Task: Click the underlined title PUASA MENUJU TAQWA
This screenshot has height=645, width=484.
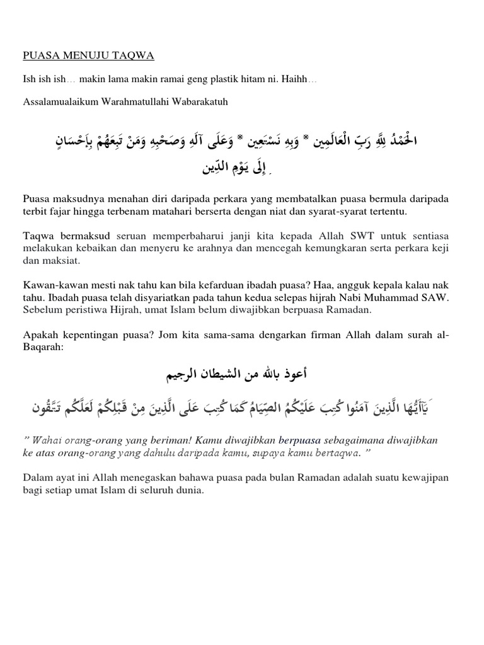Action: [88, 56]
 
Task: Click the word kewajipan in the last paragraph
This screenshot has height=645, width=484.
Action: [422, 479]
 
